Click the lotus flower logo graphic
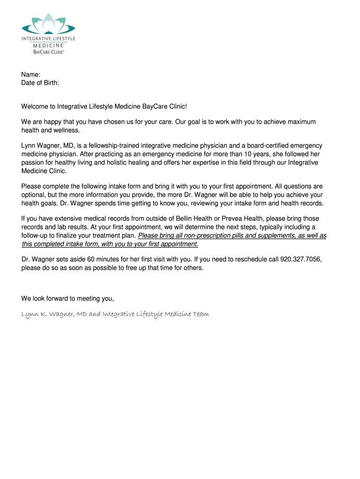(x=48, y=23)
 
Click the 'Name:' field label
(x=31, y=75)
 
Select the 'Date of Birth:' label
(x=40, y=83)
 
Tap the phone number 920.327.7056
(x=301, y=259)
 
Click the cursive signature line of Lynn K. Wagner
(x=115, y=314)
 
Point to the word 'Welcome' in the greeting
(x=36, y=107)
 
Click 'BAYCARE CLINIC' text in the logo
(x=48, y=52)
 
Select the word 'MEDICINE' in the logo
(x=48, y=45)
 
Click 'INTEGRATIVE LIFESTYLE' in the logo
(x=48, y=39)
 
